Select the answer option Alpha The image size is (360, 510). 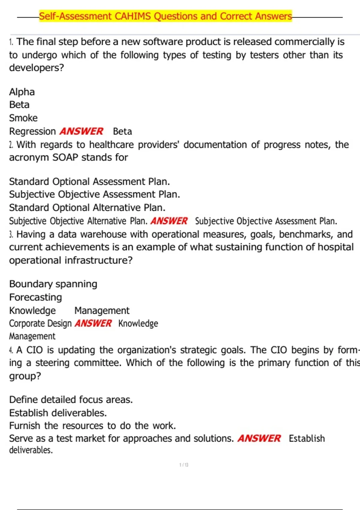point(22,92)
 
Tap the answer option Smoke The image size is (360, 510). point(23,118)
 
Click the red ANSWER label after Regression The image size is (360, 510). point(81,131)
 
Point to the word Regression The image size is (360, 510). point(32,131)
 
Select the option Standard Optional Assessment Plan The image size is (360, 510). point(89,181)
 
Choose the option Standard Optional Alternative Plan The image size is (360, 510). point(87,208)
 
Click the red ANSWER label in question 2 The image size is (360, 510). point(169,221)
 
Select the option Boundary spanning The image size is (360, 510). point(53,284)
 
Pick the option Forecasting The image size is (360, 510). point(35,297)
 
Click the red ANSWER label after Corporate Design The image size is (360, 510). point(93,323)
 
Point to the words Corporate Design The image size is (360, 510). point(40,323)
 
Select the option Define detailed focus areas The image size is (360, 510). point(71,400)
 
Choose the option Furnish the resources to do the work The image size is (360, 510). point(92,425)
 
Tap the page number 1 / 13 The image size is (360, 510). point(184,465)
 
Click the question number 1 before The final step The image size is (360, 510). point(11,42)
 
